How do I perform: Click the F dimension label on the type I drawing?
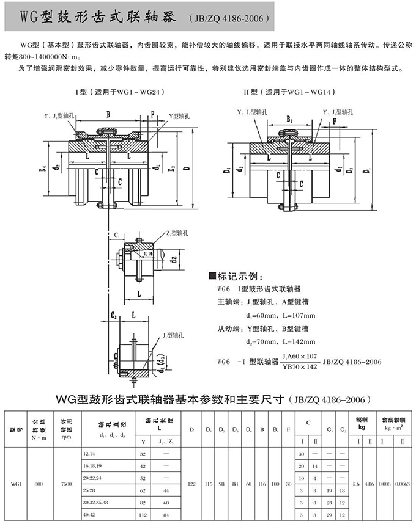click(152, 114)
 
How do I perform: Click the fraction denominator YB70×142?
click(299, 366)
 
